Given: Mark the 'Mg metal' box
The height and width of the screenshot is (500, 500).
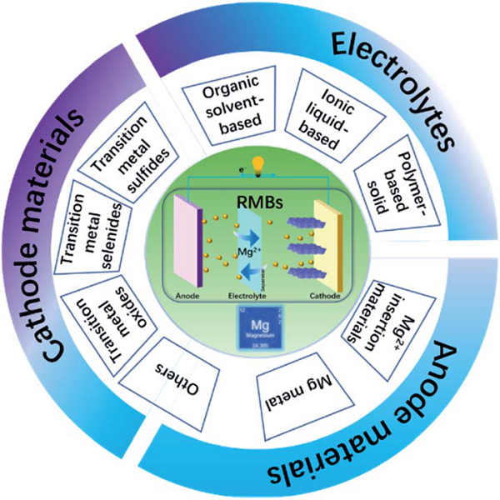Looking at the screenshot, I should click(288, 387).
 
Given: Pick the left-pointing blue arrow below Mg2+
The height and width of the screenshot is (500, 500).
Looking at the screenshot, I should click(251, 267).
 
